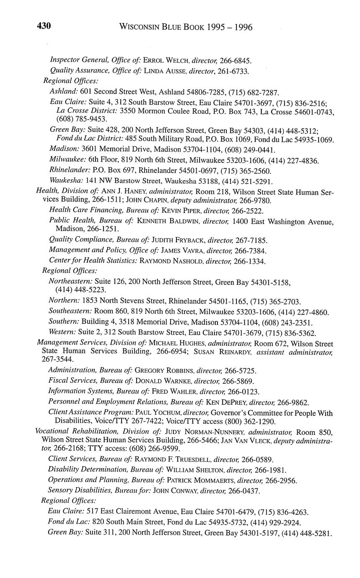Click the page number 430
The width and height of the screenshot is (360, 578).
44,26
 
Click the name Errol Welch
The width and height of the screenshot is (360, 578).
166,61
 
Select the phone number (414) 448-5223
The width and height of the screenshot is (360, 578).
80,290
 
